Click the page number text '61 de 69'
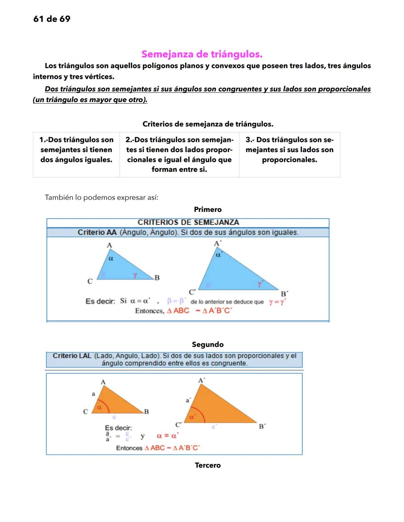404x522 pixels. pos(52,19)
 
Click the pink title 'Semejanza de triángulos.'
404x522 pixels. pos(202,54)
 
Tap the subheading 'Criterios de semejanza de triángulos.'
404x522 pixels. pos(208,124)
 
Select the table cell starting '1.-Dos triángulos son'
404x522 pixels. pos(76,150)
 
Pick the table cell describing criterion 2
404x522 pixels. pos(179,154)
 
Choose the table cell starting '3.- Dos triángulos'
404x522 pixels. pos(289,150)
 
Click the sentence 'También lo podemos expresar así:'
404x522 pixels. pos(101,197)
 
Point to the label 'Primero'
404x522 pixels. pos(208,210)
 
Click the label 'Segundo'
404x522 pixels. pos(208,345)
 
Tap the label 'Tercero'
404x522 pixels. pos(208,465)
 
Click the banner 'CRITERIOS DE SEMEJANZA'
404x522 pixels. pos(188,222)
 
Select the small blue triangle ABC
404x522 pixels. pos(120,267)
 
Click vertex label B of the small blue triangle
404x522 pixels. pos(157,278)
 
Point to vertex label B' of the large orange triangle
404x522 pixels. pos(262,426)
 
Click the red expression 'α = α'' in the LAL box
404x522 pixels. pos(167,436)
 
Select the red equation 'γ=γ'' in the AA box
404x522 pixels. pos(277,302)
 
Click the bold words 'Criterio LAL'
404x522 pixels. pos(72,356)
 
